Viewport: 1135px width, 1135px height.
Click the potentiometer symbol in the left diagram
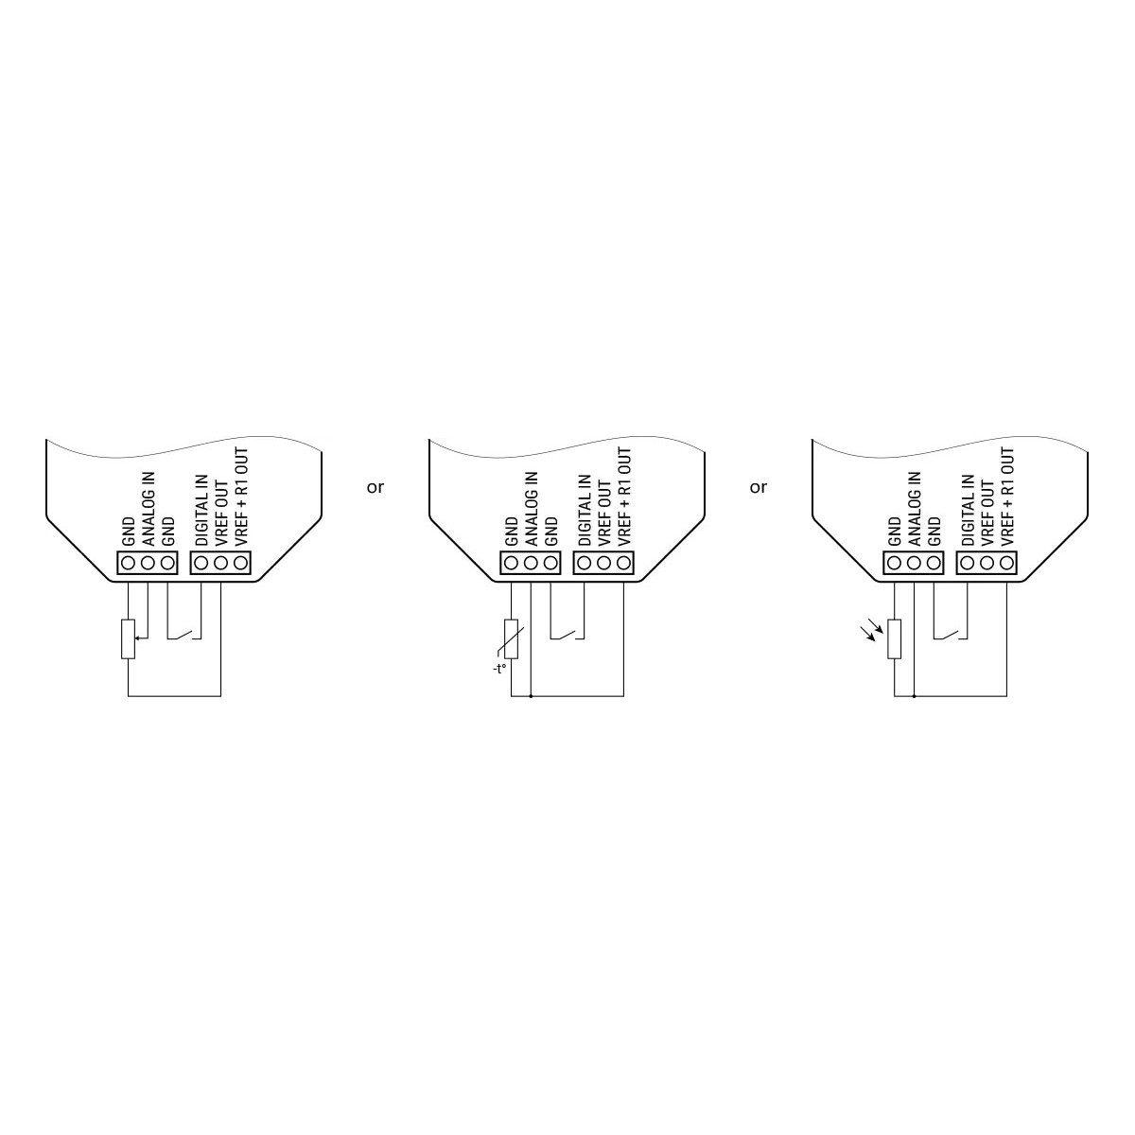point(129,638)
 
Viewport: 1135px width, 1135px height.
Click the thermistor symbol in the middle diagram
point(512,638)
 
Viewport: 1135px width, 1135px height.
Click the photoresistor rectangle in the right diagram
point(895,638)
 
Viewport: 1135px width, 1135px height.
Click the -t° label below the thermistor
point(498,668)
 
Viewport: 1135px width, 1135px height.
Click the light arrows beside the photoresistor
point(875,627)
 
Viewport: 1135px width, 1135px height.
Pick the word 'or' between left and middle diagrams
point(375,487)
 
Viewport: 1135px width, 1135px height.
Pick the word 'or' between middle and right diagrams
point(759,487)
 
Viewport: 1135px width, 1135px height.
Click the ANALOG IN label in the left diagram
point(148,510)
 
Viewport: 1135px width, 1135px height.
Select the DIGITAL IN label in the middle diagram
point(584,510)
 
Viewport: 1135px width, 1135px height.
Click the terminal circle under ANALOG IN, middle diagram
point(531,563)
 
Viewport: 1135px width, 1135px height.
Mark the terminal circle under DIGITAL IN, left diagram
point(201,563)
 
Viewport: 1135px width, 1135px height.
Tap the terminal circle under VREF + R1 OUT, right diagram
point(1006,563)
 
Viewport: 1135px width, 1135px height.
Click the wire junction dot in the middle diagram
point(531,696)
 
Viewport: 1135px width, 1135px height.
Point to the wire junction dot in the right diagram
point(914,696)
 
